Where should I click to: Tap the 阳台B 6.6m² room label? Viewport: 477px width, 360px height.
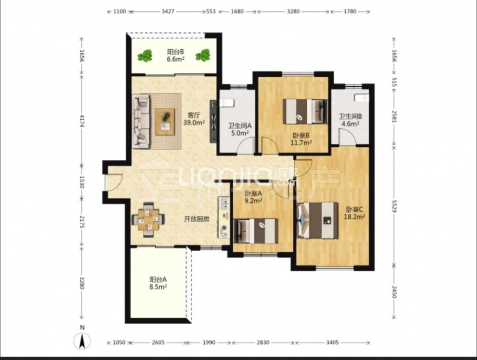pyautogui.click(x=176, y=55)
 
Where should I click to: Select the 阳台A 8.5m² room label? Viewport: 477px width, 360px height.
pyautogui.click(x=158, y=283)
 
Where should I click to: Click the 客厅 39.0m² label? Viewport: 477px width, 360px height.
pyautogui.click(x=194, y=119)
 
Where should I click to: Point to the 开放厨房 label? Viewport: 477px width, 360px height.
pyautogui.click(x=197, y=219)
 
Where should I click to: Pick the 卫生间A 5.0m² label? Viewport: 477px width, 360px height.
pyautogui.click(x=240, y=129)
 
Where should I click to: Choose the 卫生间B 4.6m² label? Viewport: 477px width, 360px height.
pyautogui.click(x=351, y=120)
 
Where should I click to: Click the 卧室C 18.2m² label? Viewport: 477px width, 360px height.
pyautogui.click(x=354, y=213)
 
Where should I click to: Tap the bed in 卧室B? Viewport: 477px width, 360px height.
pyautogui.click(x=305, y=111)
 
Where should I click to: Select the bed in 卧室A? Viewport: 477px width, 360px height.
pyautogui.click(x=256, y=231)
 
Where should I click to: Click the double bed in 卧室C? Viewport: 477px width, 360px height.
pyautogui.click(x=318, y=220)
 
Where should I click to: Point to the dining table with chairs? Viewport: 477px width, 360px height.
pyautogui.click(x=148, y=219)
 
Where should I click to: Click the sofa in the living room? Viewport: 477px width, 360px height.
pyautogui.click(x=141, y=121)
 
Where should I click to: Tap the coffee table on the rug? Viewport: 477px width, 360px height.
pyautogui.click(x=165, y=122)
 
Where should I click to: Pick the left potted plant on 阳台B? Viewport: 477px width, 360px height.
pyautogui.click(x=145, y=56)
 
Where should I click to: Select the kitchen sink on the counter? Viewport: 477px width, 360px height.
pyautogui.click(x=225, y=204)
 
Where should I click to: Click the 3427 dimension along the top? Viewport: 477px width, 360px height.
pyautogui.click(x=167, y=11)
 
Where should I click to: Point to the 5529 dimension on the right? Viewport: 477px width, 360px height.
pyautogui.click(x=394, y=206)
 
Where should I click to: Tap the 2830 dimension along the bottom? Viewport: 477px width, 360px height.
pyautogui.click(x=262, y=343)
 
